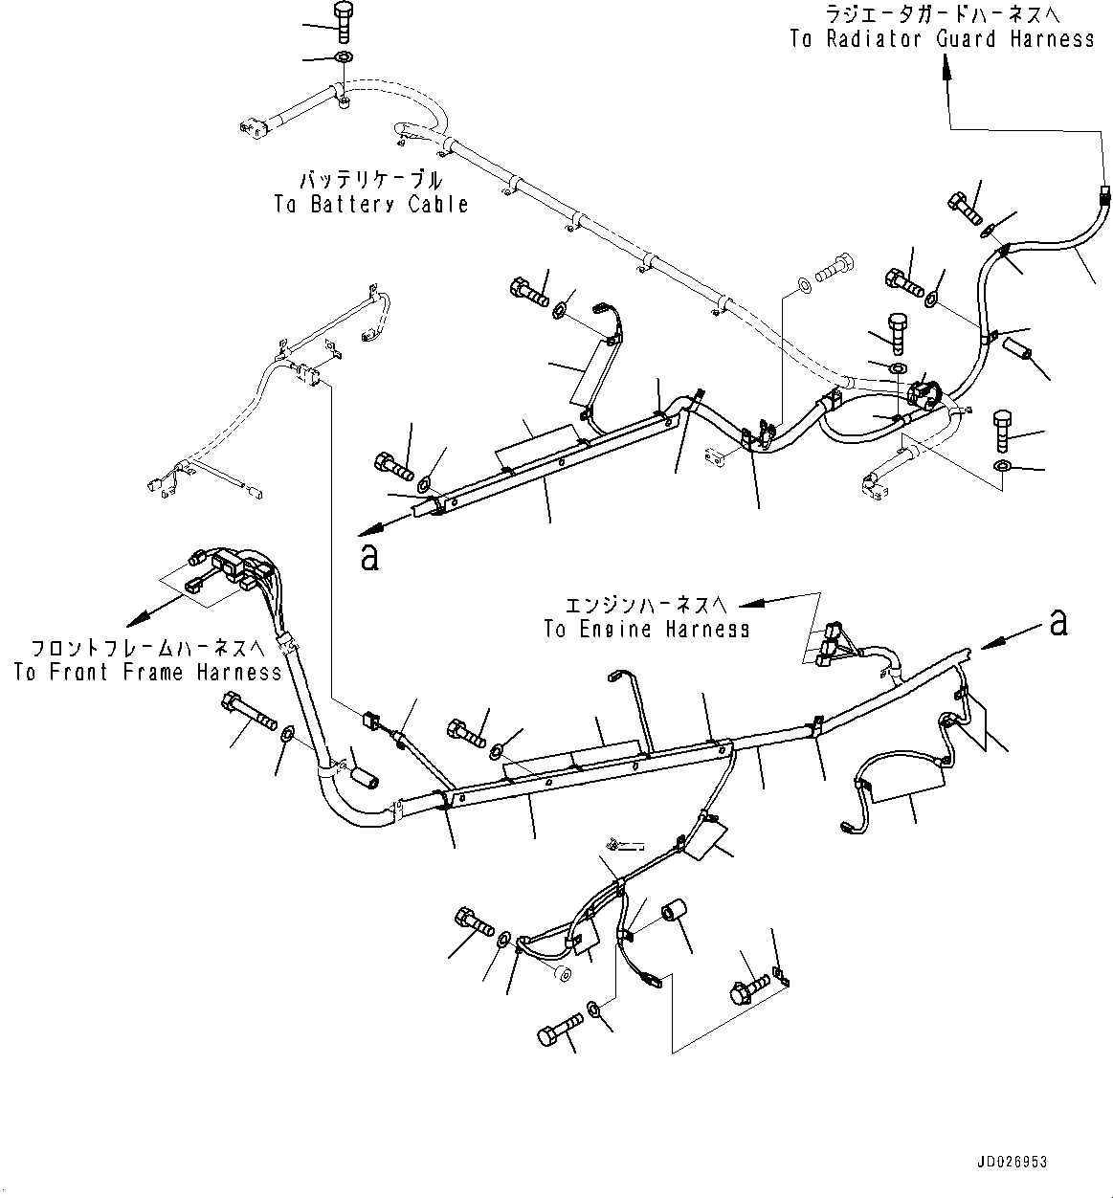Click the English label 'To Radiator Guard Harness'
[942, 39]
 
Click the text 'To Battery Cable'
[371, 204]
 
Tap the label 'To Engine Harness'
[646, 629]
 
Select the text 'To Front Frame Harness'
[147, 672]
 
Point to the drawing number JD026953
[1013, 1162]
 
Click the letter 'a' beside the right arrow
[1057, 623]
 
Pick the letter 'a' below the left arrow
[369, 557]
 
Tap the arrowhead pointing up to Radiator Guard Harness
[947, 62]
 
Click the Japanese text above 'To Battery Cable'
[371, 180]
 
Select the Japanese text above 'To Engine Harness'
[646, 605]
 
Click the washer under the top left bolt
[343, 59]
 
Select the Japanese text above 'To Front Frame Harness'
[147, 647]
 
